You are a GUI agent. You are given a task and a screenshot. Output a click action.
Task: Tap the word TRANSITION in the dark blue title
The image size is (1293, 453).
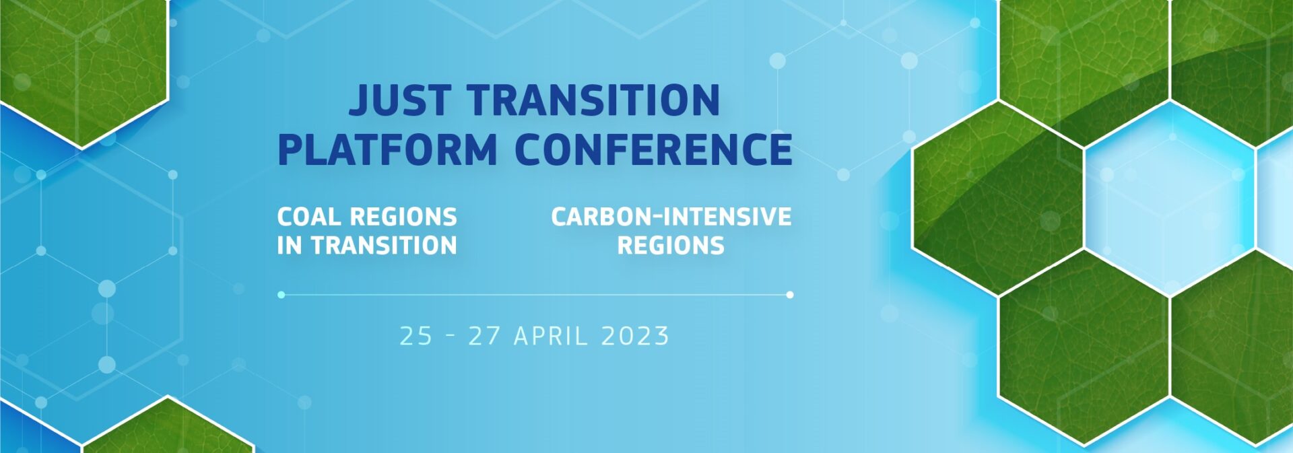click(594, 101)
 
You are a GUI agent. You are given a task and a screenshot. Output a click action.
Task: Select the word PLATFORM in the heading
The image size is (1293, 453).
click(387, 149)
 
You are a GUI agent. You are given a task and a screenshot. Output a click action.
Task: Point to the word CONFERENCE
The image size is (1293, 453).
click(653, 149)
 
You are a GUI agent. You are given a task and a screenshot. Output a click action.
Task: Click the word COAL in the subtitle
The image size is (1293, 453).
click(309, 217)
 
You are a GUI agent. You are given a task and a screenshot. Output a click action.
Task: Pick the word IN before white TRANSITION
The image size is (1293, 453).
click(290, 246)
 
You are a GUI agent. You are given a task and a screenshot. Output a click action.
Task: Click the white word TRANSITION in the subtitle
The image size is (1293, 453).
click(384, 246)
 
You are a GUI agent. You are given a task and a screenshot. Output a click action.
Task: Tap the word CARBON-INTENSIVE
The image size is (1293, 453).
click(671, 217)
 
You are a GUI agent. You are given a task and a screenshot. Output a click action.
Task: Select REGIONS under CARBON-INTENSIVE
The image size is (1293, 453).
click(671, 246)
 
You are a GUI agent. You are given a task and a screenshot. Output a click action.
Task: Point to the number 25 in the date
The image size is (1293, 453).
click(416, 336)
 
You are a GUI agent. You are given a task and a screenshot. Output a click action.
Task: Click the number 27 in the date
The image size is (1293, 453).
click(485, 336)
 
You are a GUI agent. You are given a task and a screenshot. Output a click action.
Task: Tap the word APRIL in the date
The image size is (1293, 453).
click(552, 336)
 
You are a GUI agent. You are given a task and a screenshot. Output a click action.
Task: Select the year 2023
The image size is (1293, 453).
click(635, 336)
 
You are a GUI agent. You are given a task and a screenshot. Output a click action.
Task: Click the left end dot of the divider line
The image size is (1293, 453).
click(281, 295)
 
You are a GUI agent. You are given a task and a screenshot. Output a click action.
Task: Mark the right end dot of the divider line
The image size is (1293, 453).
click(790, 295)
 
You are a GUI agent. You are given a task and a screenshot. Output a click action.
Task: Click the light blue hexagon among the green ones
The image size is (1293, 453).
click(1170, 199)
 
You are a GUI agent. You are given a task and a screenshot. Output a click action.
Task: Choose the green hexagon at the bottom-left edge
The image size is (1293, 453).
click(168, 427)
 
